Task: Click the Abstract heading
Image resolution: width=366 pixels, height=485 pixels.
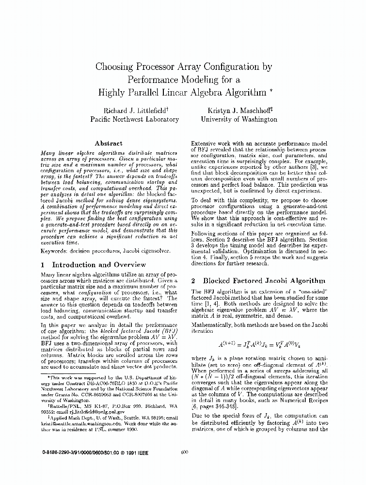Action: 109,144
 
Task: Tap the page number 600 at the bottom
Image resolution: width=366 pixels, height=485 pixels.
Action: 184,452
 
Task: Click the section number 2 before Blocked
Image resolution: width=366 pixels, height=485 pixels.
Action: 193,281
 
